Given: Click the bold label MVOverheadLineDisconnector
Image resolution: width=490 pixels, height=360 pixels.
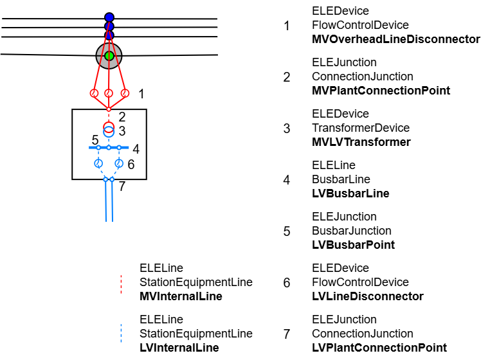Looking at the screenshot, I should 395,39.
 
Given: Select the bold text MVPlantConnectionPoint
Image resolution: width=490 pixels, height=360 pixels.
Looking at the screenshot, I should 381,91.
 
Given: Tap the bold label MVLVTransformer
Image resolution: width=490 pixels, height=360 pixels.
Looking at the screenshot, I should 361,142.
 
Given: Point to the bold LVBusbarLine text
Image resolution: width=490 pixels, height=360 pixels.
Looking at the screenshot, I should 350,194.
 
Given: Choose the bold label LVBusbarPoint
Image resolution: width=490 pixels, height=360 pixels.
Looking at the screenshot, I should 353,245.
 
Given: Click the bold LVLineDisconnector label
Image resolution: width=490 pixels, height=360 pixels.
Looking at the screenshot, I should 367,296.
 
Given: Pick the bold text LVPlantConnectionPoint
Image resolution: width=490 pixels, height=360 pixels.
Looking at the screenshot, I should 379,348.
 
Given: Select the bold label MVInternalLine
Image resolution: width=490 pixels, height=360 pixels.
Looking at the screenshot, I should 181,296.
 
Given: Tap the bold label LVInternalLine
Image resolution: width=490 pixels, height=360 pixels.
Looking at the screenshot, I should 179,348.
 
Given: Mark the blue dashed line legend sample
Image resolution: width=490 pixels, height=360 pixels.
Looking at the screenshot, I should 121,334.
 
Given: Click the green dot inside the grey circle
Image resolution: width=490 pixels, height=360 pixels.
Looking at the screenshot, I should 109,56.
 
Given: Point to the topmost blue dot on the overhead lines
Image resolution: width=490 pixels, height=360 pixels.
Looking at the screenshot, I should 109,17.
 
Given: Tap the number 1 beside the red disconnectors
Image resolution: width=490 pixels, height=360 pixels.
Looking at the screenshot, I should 141,94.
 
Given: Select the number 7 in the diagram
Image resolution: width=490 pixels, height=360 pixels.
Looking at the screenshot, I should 122,186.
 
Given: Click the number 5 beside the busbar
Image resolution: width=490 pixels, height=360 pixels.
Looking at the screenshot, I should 95,140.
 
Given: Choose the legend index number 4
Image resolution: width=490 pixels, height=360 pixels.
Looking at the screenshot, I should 286,180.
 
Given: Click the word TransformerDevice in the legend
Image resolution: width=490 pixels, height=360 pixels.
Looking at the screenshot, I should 360,128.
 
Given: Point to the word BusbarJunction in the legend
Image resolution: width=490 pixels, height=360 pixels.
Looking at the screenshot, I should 351,231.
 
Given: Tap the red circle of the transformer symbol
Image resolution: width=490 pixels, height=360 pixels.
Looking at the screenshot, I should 109,125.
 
